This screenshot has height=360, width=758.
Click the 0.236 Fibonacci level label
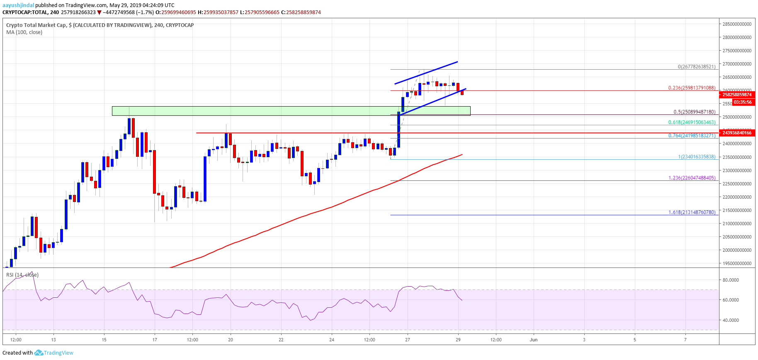691,88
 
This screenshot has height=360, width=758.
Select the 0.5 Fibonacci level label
694,112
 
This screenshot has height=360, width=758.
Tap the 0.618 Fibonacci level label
692,122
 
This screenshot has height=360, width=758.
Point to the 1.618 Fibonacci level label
692,212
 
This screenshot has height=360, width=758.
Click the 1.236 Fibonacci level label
692,178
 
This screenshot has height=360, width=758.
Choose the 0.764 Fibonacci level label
692,136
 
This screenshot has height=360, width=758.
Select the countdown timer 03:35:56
742,102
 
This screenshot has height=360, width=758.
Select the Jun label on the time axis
534,340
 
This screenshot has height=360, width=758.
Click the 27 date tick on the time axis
408,340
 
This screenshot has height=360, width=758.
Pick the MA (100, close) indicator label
24,32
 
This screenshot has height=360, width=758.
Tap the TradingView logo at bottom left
54,353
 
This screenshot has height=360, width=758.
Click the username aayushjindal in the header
18,5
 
